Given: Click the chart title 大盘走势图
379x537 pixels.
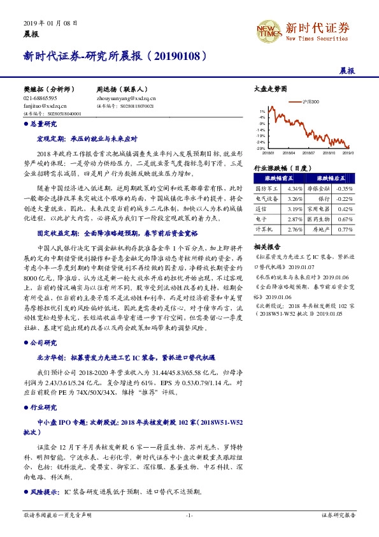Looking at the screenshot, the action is [x=266, y=90].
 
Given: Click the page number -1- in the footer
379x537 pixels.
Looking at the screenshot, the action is [x=189, y=514].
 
